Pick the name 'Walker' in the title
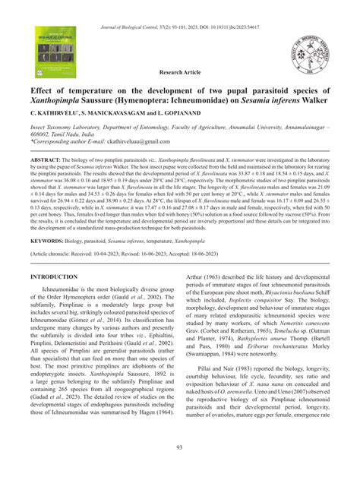coord(311,98)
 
